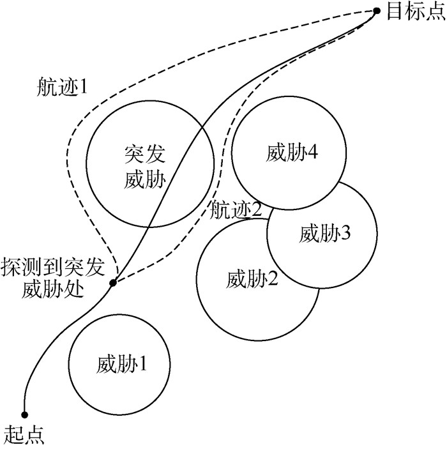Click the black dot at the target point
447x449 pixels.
pyautogui.click(x=376, y=11)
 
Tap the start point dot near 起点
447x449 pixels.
pyautogui.click(x=25, y=414)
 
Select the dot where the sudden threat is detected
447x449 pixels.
pyautogui.click(x=112, y=282)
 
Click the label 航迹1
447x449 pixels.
pyautogui.click(x=62, y=88)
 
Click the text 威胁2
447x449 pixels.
pyautogui.click(x=253, y=278)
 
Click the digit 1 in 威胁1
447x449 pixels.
pyautogui.click(x=144, y=365)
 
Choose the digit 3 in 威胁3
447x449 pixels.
pyautogui.click(x=346, y=234)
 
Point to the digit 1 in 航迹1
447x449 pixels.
pyautogui.click(x=83, y=88)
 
